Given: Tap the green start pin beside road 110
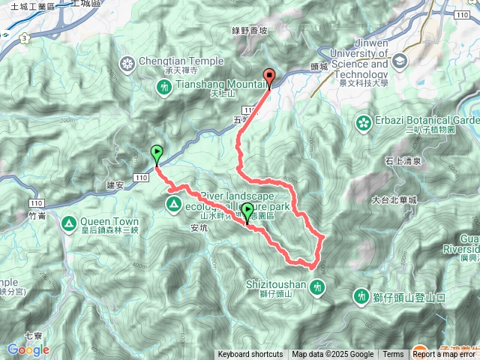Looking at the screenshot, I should point(157,152).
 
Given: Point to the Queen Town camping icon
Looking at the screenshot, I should point(69,222).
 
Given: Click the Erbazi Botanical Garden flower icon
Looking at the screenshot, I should point(364,121).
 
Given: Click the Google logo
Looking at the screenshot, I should point(28,349).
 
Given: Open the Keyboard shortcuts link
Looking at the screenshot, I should point(250,354).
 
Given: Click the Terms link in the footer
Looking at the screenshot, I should point(393,354).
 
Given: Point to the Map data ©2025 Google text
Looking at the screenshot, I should point(332,354).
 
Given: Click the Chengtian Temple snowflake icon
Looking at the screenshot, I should point(127,61).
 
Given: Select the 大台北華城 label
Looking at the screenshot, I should point(394,200).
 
